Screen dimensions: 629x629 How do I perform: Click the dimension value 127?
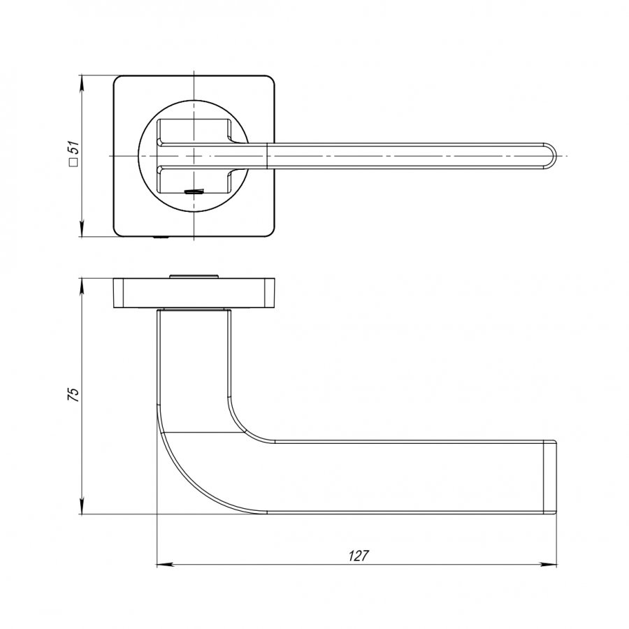point(359,556)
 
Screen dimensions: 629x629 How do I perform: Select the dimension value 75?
point(74,395)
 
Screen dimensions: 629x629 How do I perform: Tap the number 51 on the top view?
point(74,148)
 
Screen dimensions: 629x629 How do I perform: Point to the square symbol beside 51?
point(73,162)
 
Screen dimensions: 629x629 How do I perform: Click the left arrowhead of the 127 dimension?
point(165,565)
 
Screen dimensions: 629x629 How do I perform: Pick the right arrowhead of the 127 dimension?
point(549,565)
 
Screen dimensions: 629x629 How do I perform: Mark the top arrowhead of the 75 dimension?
point(82,287)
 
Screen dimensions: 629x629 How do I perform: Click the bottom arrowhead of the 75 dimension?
point(82,505)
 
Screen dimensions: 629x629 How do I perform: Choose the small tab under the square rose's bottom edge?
point(161,238)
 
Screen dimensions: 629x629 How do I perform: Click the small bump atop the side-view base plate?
point(194,276)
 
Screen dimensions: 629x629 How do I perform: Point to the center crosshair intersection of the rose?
point(194,155)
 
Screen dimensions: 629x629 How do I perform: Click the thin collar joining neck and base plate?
point(194,310)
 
